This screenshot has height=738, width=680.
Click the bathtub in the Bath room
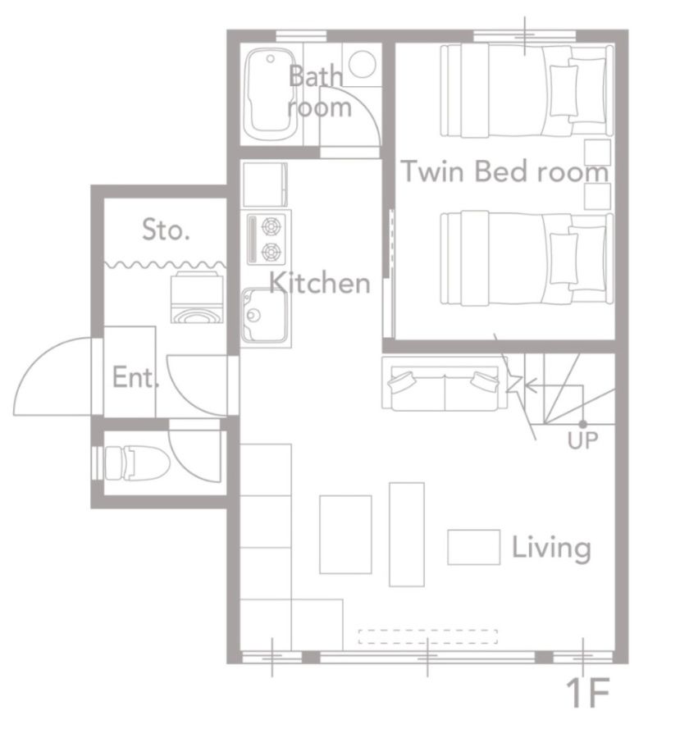pos(271,94)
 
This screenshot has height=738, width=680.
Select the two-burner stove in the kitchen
pos(267,239)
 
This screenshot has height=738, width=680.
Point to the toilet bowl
pos(137,463)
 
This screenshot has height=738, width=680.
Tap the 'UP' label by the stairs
pos(582,440)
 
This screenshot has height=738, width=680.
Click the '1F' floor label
pos(587,692)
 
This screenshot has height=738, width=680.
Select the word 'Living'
pos(551,548)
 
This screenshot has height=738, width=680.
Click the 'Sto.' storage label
pos(166,230)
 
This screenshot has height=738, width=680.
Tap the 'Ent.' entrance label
pos(135,377)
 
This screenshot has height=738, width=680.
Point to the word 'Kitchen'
pos(319,283)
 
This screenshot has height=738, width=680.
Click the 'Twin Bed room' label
pos(504,171)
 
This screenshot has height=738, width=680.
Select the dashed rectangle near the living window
pos(428,636)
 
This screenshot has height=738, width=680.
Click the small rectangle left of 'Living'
pos(473,547)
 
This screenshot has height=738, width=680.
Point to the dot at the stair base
pos(582,424)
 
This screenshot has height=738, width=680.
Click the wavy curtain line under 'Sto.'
pos(165,265)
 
